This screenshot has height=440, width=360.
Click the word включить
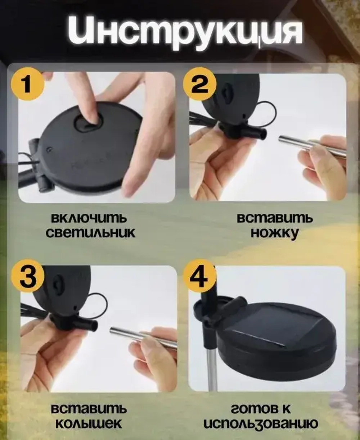(89, 218)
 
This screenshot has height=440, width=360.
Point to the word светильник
(91, 233)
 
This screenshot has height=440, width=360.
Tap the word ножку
(275, 233)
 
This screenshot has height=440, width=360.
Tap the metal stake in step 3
(140, 336)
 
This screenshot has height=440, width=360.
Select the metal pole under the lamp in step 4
(212, 371)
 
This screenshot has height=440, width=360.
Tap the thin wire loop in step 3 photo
(97, 302)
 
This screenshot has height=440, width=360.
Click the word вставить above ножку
(275, 218)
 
